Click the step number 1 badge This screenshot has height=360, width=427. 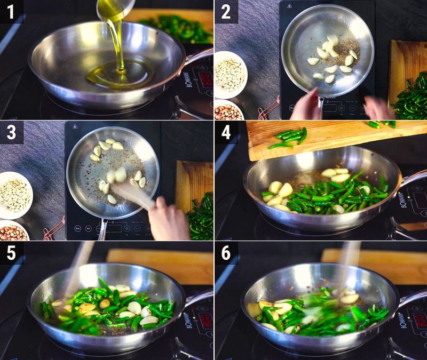tap(11, 11)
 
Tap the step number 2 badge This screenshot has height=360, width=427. tap(226, 11)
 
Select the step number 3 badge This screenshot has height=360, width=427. tap(11, 132)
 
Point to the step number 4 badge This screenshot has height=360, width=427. tap(226, 132)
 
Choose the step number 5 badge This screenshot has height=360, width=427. tap(11, 253)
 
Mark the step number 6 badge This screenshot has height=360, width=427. tap(226, 253)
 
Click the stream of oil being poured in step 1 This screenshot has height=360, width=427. tap(118, 43)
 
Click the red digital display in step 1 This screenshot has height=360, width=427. tap(204, 79)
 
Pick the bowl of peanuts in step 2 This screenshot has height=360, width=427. tap(228, 110)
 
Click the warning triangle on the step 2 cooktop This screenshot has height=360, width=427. tap(289, 6)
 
